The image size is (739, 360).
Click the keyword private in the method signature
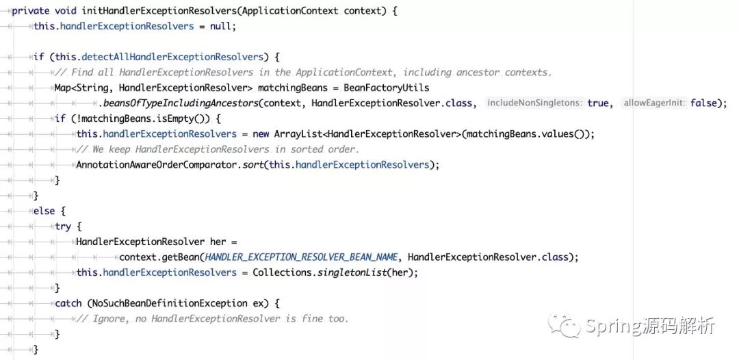(31, 11)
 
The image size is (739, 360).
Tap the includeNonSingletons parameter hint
(534, 103)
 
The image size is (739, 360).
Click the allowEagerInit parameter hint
(653, 103)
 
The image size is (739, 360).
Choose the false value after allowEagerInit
(704, 103)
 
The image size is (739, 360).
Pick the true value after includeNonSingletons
(598, 103)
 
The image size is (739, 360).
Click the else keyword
(44, 210)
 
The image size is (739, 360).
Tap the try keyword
(63, 226)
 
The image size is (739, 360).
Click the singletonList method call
(356, 272)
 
